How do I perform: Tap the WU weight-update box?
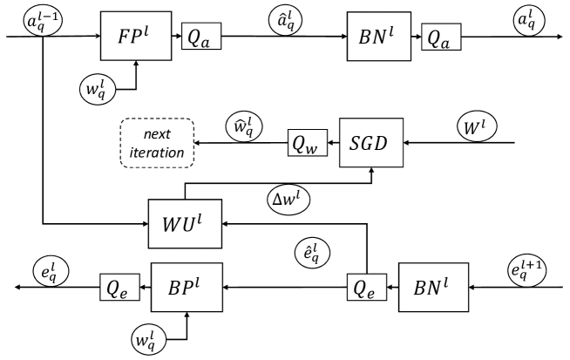[186, 222]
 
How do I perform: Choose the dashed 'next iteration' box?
[157, 144]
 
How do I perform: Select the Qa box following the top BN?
[441, 37]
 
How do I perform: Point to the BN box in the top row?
[377, 37]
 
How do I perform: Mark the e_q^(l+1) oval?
[530, 264]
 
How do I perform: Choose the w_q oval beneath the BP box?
[146, 338]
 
